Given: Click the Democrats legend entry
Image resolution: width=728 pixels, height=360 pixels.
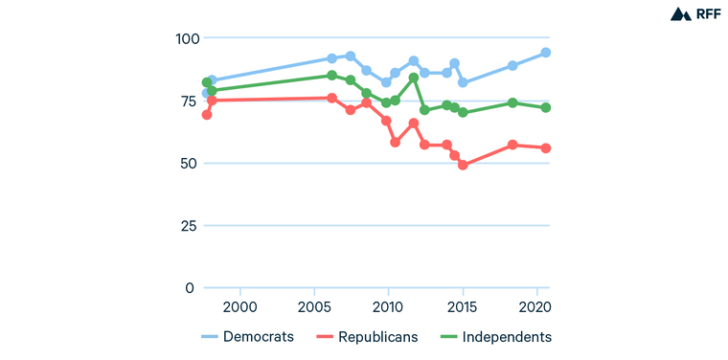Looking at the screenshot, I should pos(247,337).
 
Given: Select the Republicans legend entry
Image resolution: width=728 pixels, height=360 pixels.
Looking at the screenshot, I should pos(366,337).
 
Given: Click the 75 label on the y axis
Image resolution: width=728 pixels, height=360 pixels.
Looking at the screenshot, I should pos(185,101).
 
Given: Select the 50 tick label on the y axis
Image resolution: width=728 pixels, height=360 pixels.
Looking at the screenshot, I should pos(185,163).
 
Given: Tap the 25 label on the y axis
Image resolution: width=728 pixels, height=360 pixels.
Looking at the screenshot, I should pos(185,226).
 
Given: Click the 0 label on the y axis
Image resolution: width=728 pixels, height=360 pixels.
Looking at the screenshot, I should pos(190,288).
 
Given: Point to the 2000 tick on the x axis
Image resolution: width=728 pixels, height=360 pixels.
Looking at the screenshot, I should pos(239,306).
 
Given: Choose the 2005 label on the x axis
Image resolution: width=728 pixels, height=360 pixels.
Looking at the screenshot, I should pos(314,306).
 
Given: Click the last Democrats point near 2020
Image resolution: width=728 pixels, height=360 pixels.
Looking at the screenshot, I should pos(546,53).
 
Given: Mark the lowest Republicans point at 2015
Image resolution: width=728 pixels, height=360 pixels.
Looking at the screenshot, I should pos(463,165).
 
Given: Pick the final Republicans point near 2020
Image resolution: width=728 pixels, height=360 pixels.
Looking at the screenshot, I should pos(546,147).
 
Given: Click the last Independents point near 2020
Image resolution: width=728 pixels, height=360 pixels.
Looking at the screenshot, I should pos(546,107).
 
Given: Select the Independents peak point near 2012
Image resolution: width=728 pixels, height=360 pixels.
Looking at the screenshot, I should pos(414,78).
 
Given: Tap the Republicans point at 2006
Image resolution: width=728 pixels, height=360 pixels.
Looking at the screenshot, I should pos(332,98).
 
